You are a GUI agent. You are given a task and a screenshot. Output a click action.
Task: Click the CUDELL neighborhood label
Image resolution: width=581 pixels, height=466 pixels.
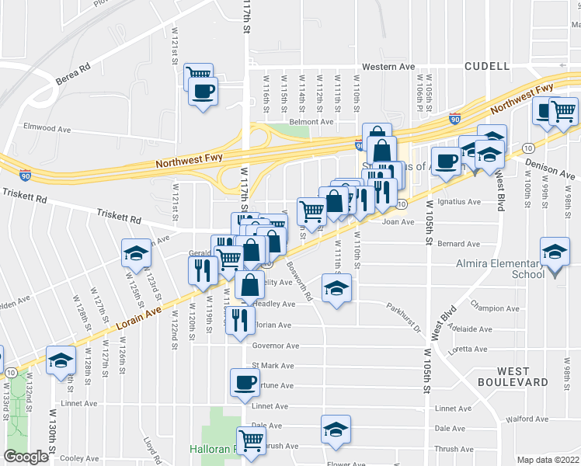click(x=486, y=67)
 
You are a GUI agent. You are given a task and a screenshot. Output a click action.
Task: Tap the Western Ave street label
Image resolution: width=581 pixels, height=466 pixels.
click(x=395, y=67)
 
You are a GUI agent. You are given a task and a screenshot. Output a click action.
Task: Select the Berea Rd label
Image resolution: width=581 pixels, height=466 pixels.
click(x=73, y=78)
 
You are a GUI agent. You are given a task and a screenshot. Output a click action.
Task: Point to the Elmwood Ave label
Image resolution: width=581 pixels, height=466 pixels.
click(x=47, y=127)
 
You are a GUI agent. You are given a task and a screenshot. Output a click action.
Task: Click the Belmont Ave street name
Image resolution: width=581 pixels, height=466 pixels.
click(x=311, y=122)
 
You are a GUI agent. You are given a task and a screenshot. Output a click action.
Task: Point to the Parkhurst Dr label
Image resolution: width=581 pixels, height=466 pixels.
click(x=405, y=318)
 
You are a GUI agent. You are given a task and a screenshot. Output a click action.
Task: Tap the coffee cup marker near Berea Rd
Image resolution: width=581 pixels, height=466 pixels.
click(x=204, y=91)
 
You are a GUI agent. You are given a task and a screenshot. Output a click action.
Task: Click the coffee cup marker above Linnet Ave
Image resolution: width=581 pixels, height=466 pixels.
click(x=245, y=382)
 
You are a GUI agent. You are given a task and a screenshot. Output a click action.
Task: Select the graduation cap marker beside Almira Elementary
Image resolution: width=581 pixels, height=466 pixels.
click(x=555, y=252)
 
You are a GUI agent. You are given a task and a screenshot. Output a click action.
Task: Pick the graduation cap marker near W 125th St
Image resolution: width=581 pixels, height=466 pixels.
click(x=136, y=254)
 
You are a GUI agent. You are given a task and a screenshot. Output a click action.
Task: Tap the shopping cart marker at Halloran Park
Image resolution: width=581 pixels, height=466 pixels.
click(x=251, y=441)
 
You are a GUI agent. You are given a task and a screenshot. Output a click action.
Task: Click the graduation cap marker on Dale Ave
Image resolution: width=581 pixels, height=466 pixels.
click(x=336, y=429)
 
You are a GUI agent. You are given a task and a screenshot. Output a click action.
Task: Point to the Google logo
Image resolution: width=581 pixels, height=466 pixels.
click(x=26, y=457)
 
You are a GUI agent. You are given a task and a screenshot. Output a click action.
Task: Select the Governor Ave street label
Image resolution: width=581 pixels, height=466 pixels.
click(x=275, y=346)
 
